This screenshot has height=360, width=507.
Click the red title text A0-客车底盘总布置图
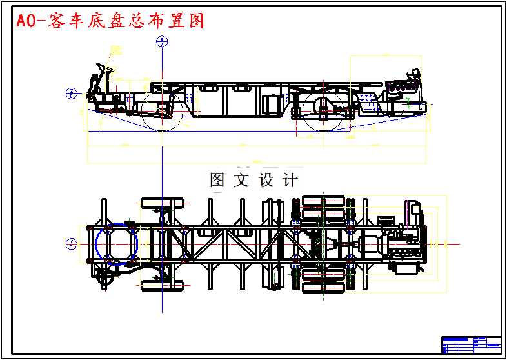click(x=110, y=21)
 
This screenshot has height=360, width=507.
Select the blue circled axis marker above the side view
click(x=162, y=43)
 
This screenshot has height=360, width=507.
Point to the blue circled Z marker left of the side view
click(x=72, y=93)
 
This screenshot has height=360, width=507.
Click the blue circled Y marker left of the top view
click(x=72, y=243)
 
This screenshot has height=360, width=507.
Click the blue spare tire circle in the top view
click(x=117, y=243)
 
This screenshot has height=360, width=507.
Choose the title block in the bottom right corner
click(x=471, y=345)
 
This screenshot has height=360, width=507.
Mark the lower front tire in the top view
click(x=161, y=284)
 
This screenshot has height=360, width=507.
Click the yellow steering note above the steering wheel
click(x=116, y=50)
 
